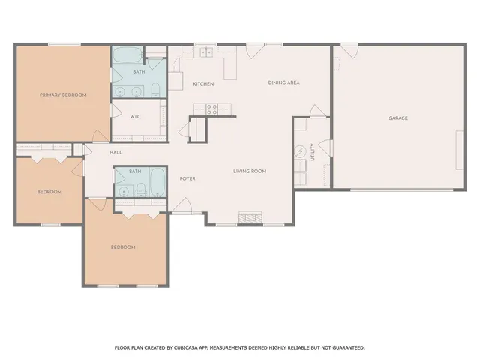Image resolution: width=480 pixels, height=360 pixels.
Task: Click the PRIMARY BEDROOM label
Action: point(64,94)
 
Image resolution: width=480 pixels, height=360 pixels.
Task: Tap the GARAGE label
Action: point(397,118)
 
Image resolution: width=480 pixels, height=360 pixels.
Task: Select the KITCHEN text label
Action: point(204,83)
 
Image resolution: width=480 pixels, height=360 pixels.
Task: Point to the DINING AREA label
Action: point(283,82)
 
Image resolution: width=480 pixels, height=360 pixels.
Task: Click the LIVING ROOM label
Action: point(250,172)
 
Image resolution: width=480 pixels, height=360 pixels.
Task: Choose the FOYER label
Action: point(187,178)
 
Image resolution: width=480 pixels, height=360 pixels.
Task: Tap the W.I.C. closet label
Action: point(136,116)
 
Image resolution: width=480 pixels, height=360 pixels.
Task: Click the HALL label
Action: point(115,152)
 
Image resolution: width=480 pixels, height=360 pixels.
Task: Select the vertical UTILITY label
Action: point(313,151)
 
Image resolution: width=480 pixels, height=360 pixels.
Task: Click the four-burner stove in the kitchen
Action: point(211,109)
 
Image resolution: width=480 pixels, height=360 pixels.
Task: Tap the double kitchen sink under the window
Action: point(204,54)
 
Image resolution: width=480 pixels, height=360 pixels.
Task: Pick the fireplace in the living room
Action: point(250,218)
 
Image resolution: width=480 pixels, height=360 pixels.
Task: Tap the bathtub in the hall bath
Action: point(157,182)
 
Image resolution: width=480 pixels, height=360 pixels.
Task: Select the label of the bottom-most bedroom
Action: point(123,247)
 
